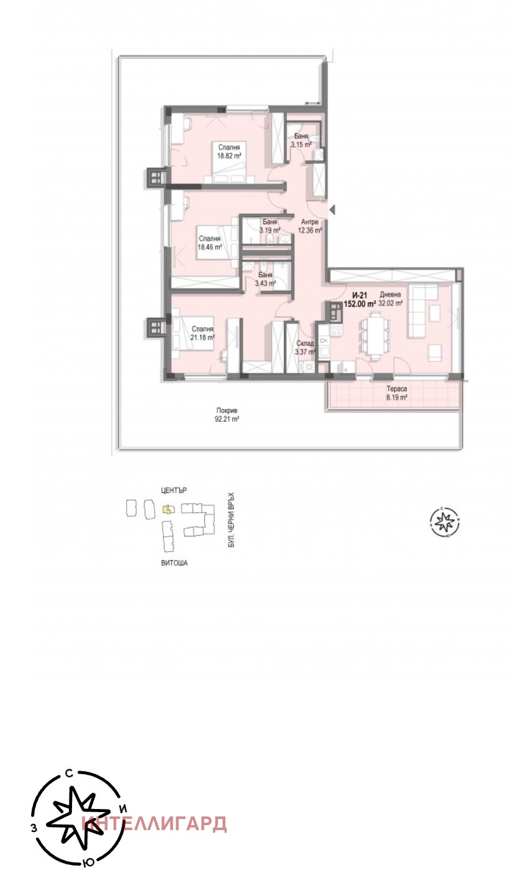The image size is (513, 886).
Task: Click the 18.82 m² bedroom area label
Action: (x=229, y=151)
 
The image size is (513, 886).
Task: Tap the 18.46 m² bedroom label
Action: (x=209, y=242)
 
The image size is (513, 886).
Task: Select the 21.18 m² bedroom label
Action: (x=202, y=333)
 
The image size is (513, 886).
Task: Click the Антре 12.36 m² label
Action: (x=310, y=226)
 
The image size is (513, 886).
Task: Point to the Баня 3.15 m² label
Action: (x=302, y=141)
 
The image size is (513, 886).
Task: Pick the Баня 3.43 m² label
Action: (x=265, y=279)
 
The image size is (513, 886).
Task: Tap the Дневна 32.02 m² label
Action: (x=391, y=299)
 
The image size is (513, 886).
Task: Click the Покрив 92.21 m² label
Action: (x=227, y=415)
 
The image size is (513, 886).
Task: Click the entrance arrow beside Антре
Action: (x=332, y=210)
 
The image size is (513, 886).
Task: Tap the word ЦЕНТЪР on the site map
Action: (x=173, y=490)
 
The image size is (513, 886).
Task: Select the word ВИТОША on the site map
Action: (x=174, y=563)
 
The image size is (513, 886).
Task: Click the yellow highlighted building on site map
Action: (x=166, y=510)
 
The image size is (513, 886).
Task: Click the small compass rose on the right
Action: (x=445, y=522)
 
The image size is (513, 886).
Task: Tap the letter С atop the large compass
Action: (x=70, y=774)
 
